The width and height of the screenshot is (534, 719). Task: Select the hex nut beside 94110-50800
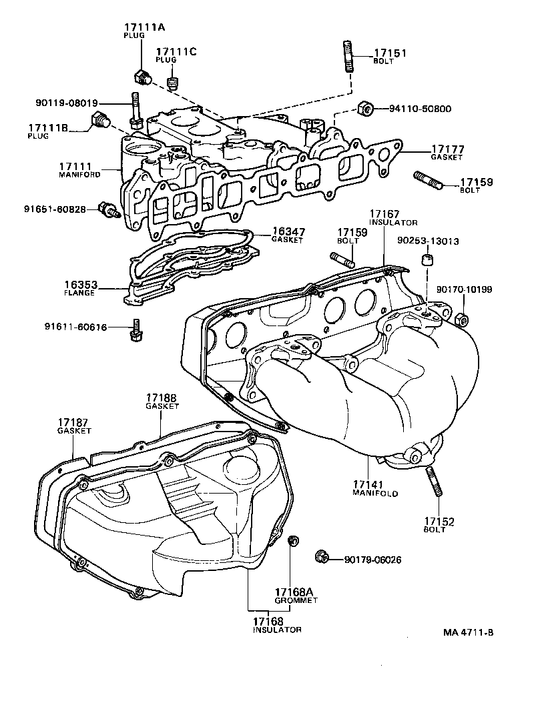365,108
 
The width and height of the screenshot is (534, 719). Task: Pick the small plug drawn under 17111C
173,83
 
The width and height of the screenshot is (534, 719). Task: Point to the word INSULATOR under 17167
393,222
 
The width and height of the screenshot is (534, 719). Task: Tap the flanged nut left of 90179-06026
320,556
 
